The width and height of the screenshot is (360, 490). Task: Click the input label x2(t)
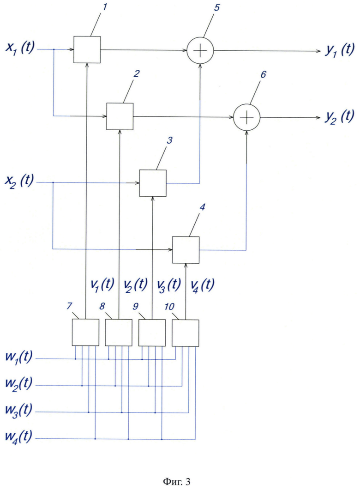click(19, 181)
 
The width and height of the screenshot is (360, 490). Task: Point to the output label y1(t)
click(340, 50)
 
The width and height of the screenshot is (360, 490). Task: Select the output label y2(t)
click(339, 116)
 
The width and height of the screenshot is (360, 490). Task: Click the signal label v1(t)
click(102, 284)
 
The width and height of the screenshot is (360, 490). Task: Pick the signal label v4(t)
click(202, 284)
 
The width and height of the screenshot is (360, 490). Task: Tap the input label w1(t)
click(19, 357)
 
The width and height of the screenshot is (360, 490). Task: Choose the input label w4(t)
click(19, 436)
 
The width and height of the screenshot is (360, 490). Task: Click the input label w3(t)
click(19, 410)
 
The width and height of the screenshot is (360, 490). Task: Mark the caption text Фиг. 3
click(177, 482)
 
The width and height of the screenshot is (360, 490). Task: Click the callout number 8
click(102, 306)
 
